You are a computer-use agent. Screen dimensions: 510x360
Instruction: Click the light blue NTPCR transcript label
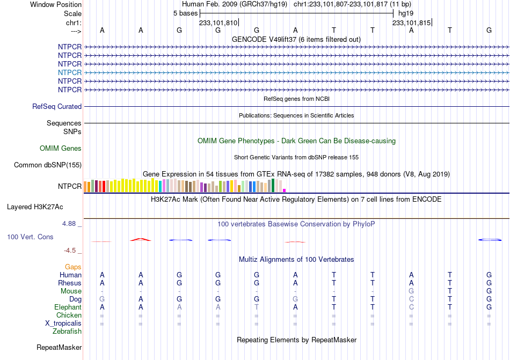coord(70,72)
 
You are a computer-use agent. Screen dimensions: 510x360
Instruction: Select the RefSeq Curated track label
coord(57,107)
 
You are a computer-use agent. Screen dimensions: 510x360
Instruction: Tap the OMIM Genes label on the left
coord(61,149)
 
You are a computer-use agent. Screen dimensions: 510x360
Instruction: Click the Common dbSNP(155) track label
coord(48,165)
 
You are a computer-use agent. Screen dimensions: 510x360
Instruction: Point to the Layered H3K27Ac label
coord(35,207)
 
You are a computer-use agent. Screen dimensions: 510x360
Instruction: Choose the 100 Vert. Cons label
coord(30,237)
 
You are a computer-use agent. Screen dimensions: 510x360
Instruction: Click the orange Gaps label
coord(73,267)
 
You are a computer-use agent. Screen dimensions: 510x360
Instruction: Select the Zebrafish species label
coord(67,332)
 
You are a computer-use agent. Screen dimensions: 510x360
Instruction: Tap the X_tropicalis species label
coord(63,324)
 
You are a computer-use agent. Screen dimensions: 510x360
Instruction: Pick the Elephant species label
coord(68,307)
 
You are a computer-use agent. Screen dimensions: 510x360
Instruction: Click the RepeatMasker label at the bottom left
coord(59,347)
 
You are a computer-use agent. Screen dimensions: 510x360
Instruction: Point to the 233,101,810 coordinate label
coord(218,23)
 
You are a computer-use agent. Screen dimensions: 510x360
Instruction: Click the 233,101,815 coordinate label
coord(411,23)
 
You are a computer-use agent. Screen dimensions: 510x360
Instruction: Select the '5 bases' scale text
coord(185,13)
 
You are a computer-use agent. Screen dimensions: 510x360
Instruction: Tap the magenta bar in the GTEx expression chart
coord(285,190)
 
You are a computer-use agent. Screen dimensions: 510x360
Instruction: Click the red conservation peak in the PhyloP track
coord(141,239)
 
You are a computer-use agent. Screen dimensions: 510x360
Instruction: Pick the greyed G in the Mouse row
coord(411,291)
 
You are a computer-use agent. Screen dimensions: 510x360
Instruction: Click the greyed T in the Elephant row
coord(257,307)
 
